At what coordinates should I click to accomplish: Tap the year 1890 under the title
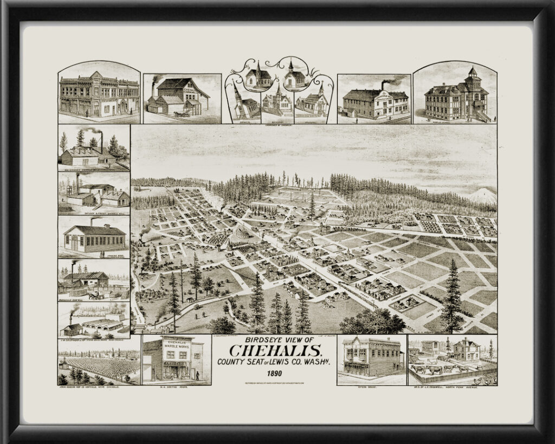[x=277, y=373]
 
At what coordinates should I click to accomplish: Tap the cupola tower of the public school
[x=472, y=75]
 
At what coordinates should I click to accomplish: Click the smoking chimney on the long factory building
[x=384, y=85]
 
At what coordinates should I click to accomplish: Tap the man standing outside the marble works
[x=197, y=375]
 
